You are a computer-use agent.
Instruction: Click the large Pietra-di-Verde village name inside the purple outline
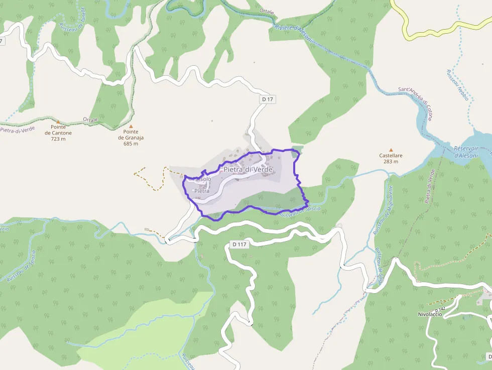tap(248, 170)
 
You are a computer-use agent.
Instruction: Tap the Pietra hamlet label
tap(201, 191)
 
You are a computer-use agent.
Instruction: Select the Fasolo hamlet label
tap(202, 179)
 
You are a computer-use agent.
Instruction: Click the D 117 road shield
tap(240, 244)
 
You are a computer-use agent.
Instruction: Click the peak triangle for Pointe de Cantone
tap(58, 121)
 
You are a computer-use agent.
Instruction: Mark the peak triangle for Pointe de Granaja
tap(131, 127)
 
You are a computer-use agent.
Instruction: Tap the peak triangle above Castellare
tap(391, 150)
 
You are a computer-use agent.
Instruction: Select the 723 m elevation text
tap(58, 139)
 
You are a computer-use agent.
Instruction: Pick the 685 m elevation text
tap(131, 144)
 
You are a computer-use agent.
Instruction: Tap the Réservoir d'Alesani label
tap(472, 152)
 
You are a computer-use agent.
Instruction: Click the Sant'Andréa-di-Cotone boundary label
tap(416, 103)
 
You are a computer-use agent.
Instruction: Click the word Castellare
tap(391, 156)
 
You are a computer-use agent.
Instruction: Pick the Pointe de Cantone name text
tap(58, 130)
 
